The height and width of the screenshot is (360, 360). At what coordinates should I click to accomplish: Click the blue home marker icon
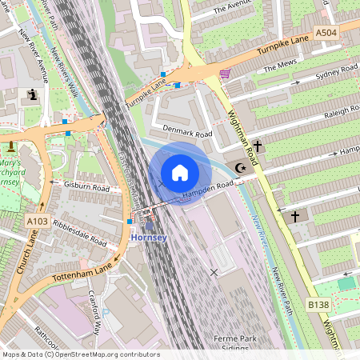(180, 173)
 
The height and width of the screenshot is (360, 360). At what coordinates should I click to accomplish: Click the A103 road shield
(37, 221)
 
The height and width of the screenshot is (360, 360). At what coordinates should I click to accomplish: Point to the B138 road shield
(318, 305)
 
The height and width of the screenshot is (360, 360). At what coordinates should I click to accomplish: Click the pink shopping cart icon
(225, 74)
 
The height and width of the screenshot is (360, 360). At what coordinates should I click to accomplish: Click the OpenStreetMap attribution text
(81, 354)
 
